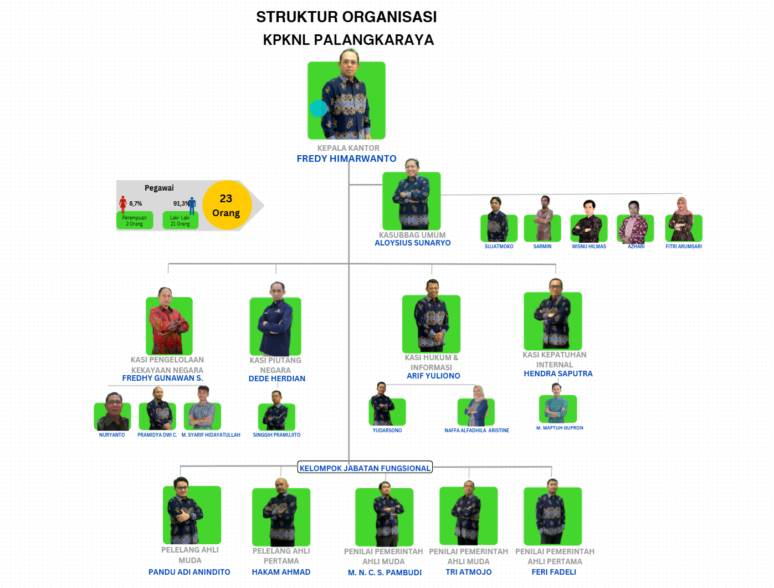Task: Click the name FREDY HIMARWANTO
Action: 346,158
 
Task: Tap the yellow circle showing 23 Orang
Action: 226,205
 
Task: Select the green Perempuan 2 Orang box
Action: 135,221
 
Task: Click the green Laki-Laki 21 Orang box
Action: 180,221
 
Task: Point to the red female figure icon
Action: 123,204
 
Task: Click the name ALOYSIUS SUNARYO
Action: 412,243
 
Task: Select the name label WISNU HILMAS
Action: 589,247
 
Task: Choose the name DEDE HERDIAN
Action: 277,379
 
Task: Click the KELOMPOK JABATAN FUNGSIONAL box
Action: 365,468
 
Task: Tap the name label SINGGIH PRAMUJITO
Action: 276,435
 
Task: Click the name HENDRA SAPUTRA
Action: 558,374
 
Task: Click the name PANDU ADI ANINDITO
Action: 189,572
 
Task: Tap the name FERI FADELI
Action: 553,572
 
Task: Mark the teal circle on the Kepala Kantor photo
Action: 319,109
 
